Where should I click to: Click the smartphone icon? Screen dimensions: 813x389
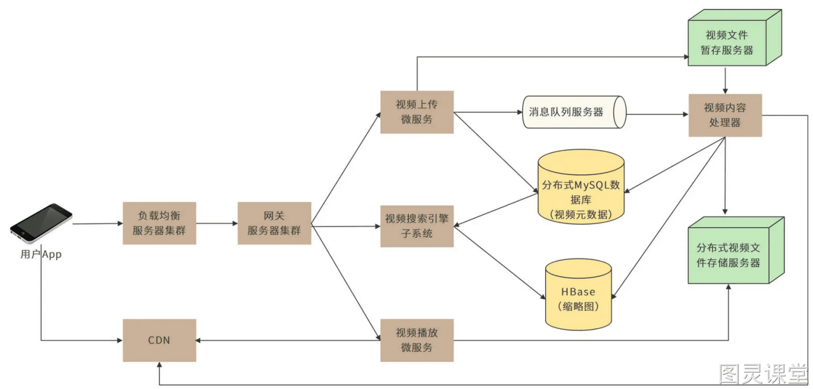(41, 223)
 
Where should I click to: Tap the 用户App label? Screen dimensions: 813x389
(41, 254)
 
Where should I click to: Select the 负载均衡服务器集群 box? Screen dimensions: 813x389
(160, 223)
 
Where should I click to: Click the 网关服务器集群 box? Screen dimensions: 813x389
(274, 223)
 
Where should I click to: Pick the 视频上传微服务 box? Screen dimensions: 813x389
(417, 112)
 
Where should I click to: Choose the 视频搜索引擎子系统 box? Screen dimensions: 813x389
(417, 226)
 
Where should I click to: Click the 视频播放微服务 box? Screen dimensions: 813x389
(417, 340)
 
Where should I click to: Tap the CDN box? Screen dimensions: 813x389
(160, 340)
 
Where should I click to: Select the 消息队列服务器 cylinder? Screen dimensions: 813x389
(574, 112)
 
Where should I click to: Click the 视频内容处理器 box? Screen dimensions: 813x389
(725, 115)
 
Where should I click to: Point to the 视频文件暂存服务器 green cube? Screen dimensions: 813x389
(735, 38)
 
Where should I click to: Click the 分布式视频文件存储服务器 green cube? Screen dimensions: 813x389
(736, 250)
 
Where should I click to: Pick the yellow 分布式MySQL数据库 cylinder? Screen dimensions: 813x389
(581, 187)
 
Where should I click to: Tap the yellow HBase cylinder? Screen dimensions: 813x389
(579, 295)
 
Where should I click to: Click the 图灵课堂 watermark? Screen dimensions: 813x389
(763, 374)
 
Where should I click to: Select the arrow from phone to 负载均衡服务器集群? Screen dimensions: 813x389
(98, 223)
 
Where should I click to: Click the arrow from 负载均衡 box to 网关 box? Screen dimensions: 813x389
(217, 223)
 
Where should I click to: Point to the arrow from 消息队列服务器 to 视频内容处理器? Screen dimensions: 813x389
(658, 114)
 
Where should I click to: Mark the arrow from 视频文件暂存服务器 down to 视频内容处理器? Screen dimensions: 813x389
(725, 80)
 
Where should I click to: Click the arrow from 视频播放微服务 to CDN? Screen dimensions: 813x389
(288, 340)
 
